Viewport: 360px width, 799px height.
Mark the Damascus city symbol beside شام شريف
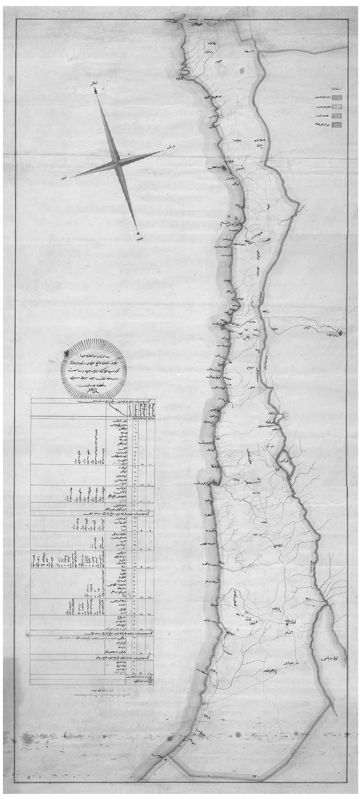[341, 333]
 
